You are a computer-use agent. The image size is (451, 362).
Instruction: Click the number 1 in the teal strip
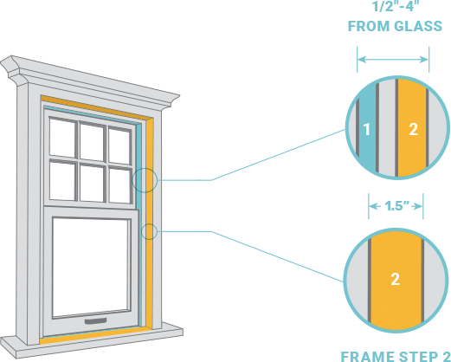[x=366, y=129]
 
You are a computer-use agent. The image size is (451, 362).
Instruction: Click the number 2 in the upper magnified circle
[x=414, y=129]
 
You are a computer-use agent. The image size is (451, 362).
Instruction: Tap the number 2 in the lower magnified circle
[x=395, y=279]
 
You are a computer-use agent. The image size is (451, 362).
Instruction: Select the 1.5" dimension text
[x=397, y=206]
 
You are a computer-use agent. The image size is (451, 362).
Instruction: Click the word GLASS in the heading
[x=418, y=26]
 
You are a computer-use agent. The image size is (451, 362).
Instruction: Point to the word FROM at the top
[x=369, y=26]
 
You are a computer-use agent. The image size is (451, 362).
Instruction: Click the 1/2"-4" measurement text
[x=395, y=6]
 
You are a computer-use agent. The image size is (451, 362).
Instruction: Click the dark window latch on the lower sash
[x=95, y=321]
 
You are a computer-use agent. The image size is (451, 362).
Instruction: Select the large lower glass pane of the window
[x=91, y=268]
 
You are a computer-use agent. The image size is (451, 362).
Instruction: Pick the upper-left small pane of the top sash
[x=62, y=138]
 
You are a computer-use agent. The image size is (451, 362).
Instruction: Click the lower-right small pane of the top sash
[x=119, y=185]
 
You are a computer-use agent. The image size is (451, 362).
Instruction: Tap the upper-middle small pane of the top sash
[x=92, y=142]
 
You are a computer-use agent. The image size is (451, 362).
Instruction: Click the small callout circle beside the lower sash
[x=149, y=231]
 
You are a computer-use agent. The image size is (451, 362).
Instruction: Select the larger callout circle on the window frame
[x=145, y=180]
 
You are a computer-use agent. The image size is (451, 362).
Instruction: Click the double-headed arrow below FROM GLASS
[x=393, y=60]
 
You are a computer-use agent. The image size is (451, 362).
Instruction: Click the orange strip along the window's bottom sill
[x=95, y=335]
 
